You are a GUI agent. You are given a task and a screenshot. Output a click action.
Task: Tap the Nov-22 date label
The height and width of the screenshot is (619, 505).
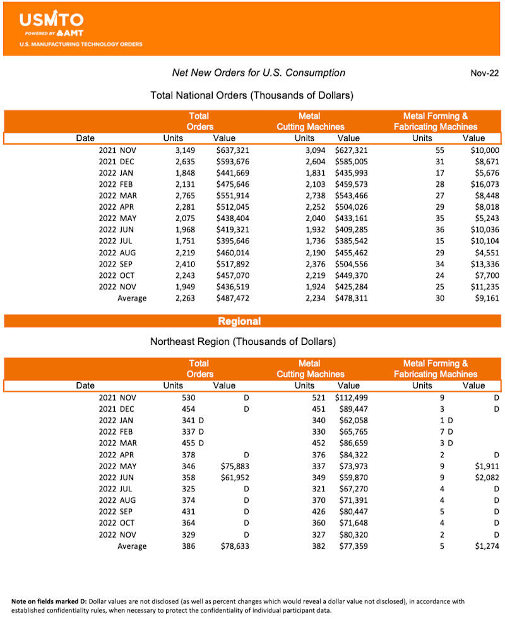point(485,73)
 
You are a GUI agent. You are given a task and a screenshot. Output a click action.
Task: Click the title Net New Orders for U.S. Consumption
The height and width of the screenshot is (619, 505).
point(259,73)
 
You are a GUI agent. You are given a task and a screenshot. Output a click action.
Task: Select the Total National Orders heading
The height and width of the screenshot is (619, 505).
point(251,95)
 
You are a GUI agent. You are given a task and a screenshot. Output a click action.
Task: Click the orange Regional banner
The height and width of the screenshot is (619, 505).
point(239,321)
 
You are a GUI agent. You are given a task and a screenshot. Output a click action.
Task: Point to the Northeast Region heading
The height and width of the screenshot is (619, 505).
point(242,342)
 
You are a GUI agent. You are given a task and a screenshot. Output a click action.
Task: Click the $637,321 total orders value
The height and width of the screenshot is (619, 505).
point(230,150)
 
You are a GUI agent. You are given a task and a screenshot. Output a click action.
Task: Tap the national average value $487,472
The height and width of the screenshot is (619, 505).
point(230,298)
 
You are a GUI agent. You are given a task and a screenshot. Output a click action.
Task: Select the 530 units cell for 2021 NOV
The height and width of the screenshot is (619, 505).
point(188,398)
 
